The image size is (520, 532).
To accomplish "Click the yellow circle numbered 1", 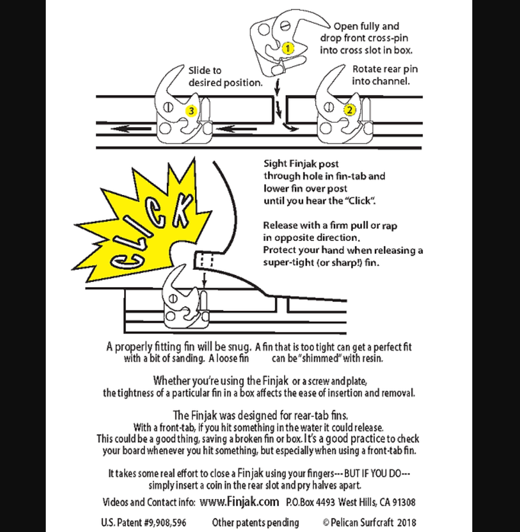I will pyautogui.click(x=288, y=48).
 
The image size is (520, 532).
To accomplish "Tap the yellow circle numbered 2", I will pyautogui.click(x=349, y=110).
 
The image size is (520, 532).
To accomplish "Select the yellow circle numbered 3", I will pyautogui.click(x=191, y=111).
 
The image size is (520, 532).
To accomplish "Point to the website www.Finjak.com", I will pyautogui.click(x=240, y=502).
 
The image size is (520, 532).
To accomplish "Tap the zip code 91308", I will pyautogui.click(x=403, y=502).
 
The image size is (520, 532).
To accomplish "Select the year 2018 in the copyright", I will pyautogui.click(x=406, y=523).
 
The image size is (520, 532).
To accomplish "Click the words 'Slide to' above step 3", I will pyautogui.click(x=204, y=71).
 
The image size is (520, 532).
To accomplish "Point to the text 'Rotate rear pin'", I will pyautogui.click(x=385, y=69).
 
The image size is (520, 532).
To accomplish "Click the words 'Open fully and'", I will pyautogui.click(x=366, y=26).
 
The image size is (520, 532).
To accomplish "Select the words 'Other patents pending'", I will pyautogui.click(x=255, y=523).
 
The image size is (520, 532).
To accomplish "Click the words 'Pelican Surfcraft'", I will pyautogui.click(x=361, y=523).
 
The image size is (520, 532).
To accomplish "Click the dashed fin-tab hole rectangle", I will pyautogui.click(x=204, y=260).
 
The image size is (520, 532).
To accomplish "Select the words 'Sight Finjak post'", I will pyautogui.click(x=301, y=164).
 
